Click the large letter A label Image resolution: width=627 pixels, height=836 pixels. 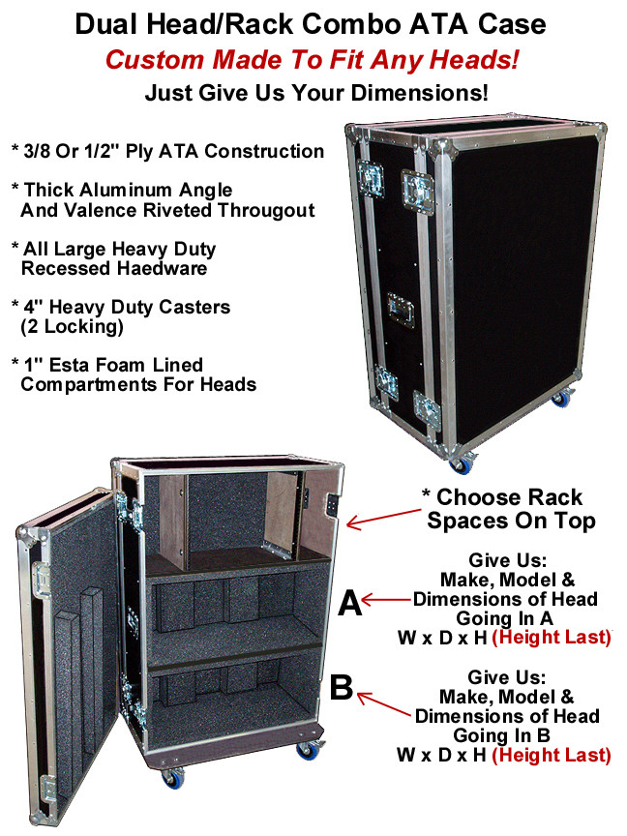point(349,604)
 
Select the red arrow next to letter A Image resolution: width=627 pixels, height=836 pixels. point(387,602)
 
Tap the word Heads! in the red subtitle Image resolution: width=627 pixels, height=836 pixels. point(475,60)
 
